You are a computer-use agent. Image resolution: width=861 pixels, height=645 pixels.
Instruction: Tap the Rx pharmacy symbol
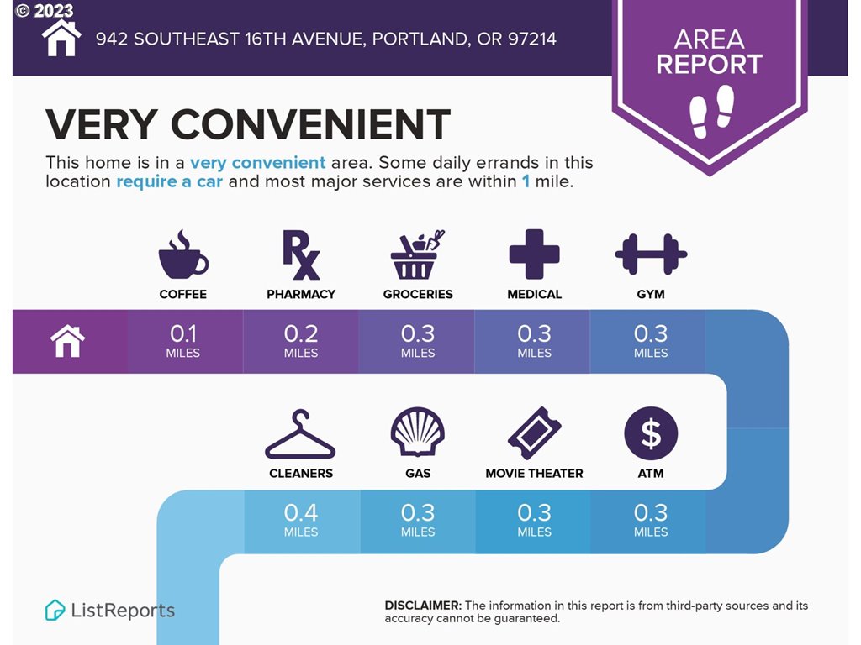coord(300,254)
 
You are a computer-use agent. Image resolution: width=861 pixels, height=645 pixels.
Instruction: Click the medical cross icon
coord(534,254)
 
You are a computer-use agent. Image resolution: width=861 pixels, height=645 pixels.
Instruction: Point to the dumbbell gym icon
coord(651,254)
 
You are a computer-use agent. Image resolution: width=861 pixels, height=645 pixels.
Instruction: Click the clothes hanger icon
coord(300,434)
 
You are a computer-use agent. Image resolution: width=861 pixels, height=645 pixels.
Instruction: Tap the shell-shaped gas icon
coord(417,432)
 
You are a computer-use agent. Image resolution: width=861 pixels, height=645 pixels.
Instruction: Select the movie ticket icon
coord(534,433)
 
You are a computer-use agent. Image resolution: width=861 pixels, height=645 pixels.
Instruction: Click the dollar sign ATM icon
coord(651,433)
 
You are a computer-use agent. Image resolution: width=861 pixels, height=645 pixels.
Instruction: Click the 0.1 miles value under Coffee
coord(182,341)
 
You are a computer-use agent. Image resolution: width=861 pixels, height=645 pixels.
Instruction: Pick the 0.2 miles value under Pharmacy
coord(300,341)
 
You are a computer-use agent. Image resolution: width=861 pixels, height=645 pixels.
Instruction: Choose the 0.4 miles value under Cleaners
coord(300,520)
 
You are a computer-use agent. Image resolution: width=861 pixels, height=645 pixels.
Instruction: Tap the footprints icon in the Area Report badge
coord(711,112)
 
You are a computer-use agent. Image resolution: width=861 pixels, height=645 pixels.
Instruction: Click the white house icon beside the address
coord(61,39)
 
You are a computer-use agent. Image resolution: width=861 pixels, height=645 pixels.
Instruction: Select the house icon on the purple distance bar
coord(67,341)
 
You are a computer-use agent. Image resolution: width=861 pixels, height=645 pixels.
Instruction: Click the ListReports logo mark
coord(55,610)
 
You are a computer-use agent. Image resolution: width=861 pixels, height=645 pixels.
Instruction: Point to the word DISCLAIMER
coord(423,606)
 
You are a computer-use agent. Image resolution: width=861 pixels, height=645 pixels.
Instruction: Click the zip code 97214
coord(532,39)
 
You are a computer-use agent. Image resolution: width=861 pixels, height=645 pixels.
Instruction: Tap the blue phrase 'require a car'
coord(170,181)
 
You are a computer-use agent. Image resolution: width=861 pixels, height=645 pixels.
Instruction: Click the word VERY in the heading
coord(102,124)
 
